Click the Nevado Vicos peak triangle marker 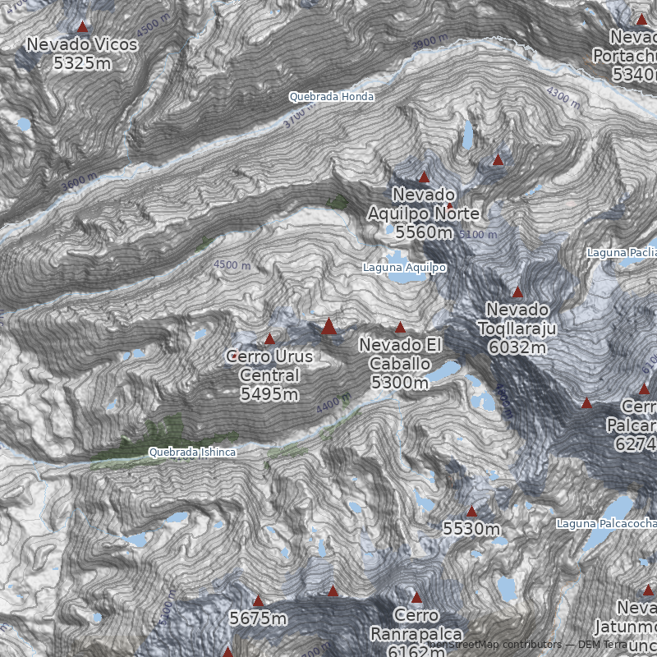[82, 27]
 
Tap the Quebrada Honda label [331, 97]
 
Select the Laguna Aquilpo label [405, 268]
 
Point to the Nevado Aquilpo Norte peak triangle [424, 177]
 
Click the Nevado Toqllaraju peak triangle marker [517, 292]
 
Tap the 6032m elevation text [517, 347]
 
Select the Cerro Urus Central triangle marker [269, 338]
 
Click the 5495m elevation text [269, 394]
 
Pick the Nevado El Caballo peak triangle [401, 328]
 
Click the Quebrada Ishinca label [192, 453]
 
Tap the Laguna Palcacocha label [606, 523]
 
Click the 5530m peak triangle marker [471, 511]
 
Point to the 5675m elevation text [258, 618]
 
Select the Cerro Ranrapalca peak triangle [416, 598]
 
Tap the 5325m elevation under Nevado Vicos [82, 62]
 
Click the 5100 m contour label [478, 235]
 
